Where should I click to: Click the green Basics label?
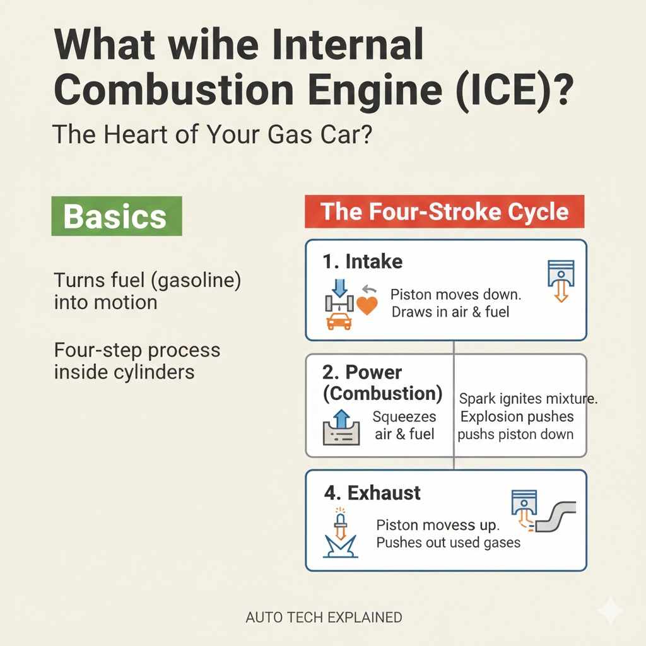(x=117, y=216)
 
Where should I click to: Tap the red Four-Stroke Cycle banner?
(x=445, y=211)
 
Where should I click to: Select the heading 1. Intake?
(x=363, y=262)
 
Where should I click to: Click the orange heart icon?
(x=367, y=305)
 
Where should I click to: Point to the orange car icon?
(x=339, y=321)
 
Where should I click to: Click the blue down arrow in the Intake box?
(x=339, y=288)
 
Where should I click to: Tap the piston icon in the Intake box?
(x=561, y=281)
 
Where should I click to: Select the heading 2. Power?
(x=361, y=372)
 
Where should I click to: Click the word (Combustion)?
(x=383, y=394)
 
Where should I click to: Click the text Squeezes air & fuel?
(x=404, y=425)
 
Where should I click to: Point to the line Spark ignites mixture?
(x=528, y=399)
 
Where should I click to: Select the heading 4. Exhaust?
(x=372, y=493)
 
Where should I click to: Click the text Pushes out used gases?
(x=449, y=543)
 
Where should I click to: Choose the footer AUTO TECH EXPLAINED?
(x=324, y=617)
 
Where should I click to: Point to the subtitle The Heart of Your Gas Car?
(x=213, y=134)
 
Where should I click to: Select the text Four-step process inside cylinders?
(x=137, y=361)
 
